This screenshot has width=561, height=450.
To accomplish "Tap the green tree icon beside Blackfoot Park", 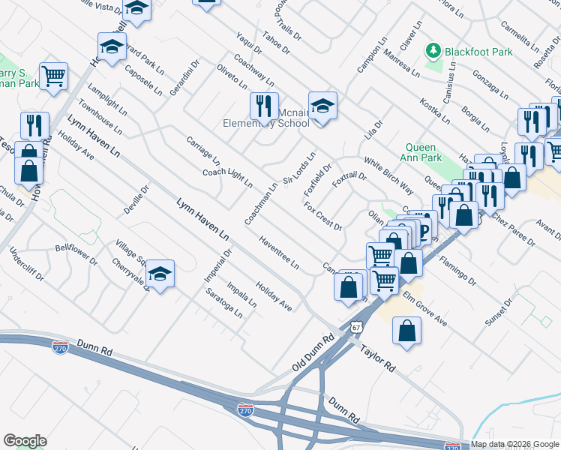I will click(x=433, y=51).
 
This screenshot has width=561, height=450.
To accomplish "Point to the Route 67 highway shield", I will click(x=357, y=328).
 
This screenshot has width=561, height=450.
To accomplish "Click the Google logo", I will click(x=25, y=440).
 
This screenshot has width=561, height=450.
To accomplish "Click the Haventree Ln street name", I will click(x=278, y=254).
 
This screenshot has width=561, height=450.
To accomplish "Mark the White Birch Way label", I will click(x=388, y=175).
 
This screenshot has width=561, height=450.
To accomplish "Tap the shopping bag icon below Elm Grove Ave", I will click(x=406, y=330).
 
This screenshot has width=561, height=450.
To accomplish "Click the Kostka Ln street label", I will click(x=435, y=109).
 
